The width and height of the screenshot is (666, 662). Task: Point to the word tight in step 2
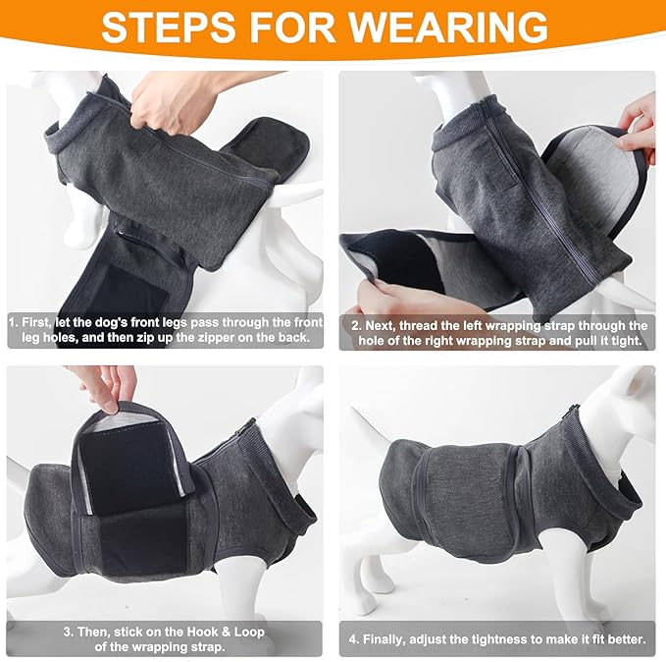point(625,341)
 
